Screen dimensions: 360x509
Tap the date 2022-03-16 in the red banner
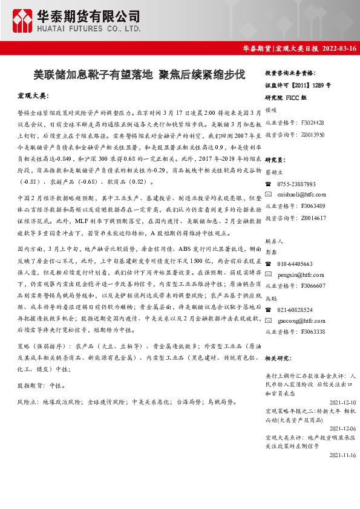339,48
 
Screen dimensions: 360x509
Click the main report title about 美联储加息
139,75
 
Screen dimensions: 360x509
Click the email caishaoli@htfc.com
301,194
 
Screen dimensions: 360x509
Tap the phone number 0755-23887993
296,184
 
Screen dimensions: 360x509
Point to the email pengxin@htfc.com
299,274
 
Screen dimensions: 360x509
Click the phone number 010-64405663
295,264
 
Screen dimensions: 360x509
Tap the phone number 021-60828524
295,310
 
